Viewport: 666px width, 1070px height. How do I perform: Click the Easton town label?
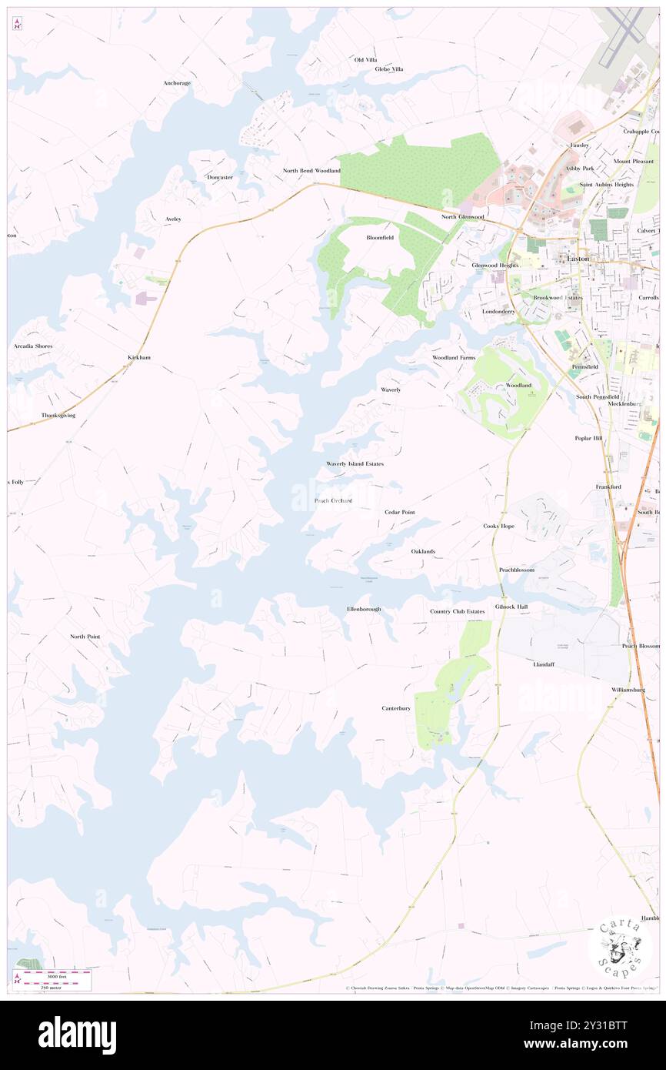pos(578,259)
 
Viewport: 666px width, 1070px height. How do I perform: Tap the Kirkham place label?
pos(139,358)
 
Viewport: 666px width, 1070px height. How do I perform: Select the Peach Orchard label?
pos(333,501)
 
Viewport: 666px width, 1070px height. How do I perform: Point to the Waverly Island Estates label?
pos(355,464)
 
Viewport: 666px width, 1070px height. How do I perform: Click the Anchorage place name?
pos(177,83)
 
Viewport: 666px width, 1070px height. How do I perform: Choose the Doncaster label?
pos(220,177)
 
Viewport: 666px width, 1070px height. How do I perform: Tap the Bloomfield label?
pos(380,238)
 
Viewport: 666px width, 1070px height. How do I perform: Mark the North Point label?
pos(85,637)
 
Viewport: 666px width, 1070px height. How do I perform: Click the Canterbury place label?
pos(396,708)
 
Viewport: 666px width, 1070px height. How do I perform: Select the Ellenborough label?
pos(364,609)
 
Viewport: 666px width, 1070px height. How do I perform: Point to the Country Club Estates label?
pos(457,612)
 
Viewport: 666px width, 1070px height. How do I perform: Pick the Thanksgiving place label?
pos(58,416)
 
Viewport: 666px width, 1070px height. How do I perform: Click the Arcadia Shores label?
pos(33,346)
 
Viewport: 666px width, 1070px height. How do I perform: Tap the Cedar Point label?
pos(400,512)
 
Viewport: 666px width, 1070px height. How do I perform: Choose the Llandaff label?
pos(544,664)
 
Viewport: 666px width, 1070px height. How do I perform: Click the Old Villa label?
pos(365,59)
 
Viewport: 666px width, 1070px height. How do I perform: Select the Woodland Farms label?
pos(454,358)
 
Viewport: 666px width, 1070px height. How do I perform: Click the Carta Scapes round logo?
pos(620,945)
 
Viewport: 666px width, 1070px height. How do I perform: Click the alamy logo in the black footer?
pos(77,1035)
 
